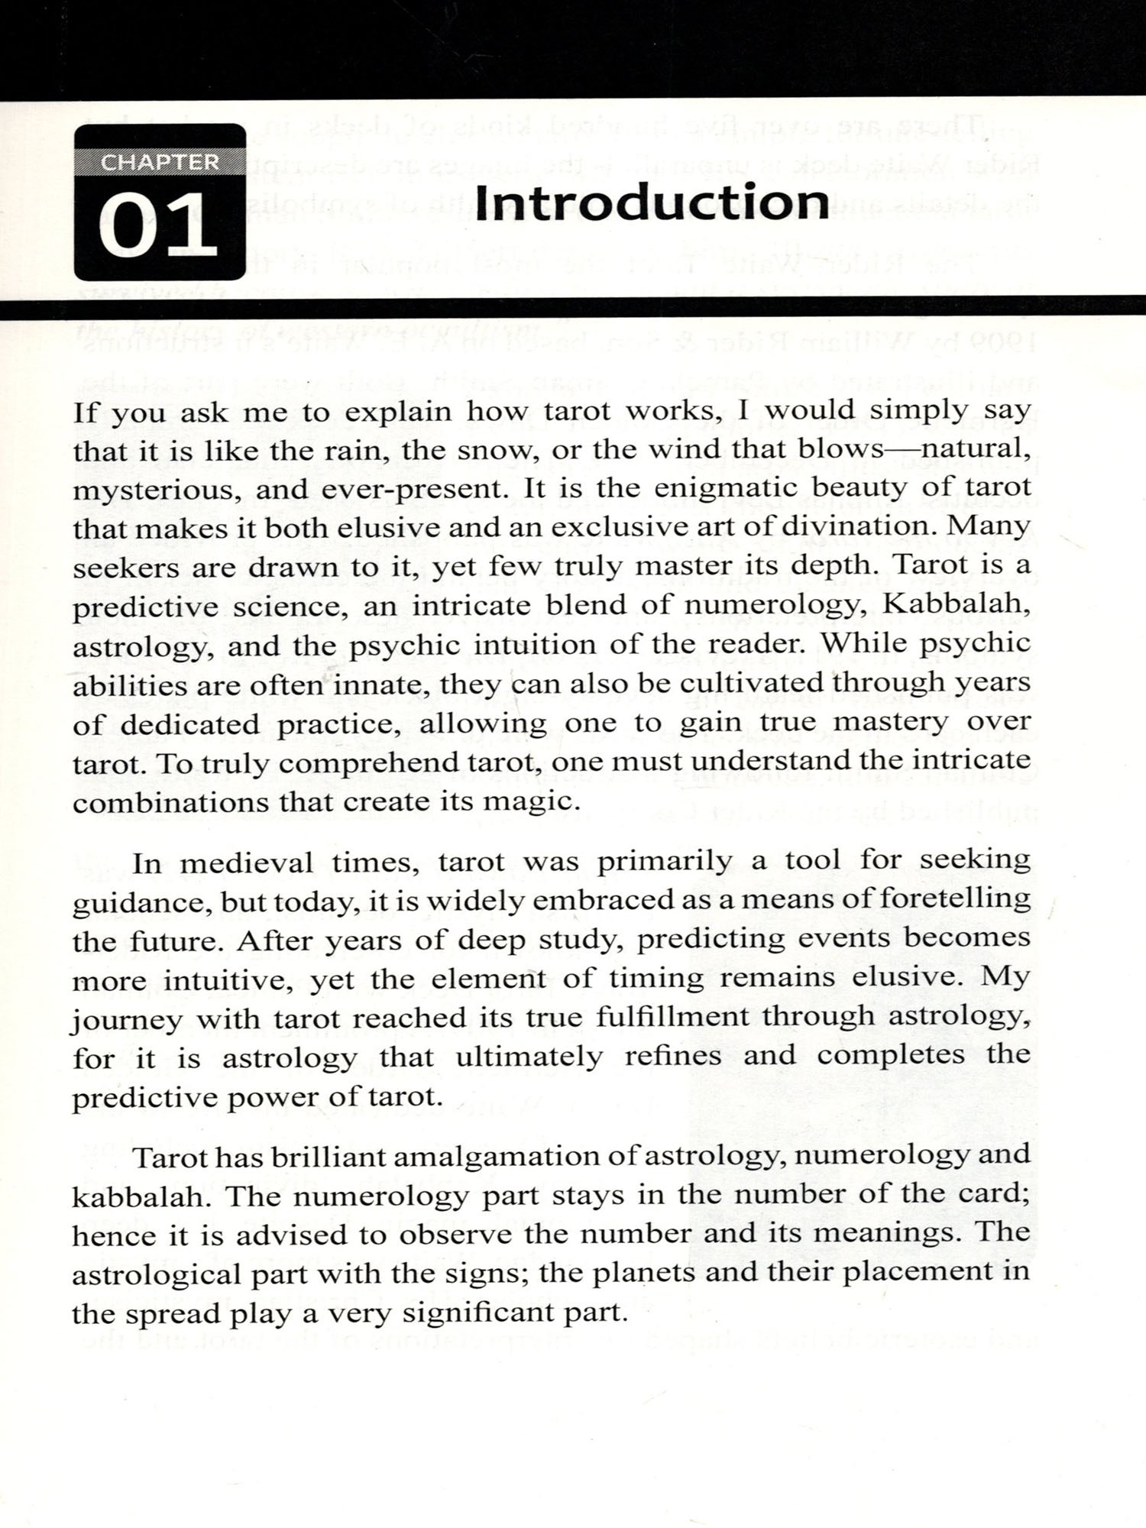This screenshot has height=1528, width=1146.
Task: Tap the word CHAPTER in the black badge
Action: coord(160,163)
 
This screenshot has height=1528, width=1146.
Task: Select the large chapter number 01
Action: coord(158,227)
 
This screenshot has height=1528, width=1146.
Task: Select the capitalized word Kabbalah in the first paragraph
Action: coord(955,604)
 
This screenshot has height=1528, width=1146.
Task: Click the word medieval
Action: coord(246,863)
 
